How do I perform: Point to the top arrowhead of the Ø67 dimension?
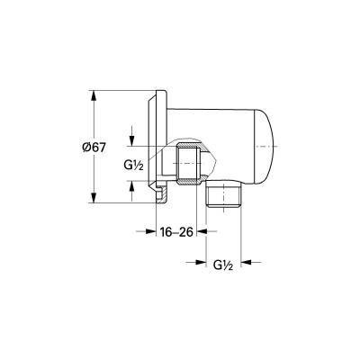[94, 94]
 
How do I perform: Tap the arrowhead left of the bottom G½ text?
[202, 264]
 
